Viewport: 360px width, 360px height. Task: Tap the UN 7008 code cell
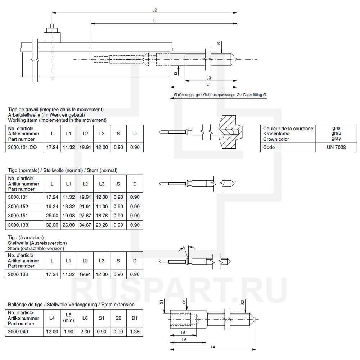point(337,147)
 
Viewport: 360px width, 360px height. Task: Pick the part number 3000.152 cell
point(18,206)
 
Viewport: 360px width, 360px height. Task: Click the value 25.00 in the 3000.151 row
point(52,216)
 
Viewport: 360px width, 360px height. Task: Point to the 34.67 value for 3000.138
point(85,225)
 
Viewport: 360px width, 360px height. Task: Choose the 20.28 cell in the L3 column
point(102,225)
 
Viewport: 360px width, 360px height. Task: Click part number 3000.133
point(18,274)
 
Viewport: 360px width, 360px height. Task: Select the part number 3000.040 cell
point(18,332)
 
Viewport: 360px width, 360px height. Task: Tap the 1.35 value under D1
point(135,332)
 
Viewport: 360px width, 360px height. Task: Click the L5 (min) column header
point(68,318)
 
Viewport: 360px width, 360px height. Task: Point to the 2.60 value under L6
point(85,332)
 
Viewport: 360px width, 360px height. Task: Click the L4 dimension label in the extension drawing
point(213,347)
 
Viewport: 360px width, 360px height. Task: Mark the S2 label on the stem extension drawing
point(243,302)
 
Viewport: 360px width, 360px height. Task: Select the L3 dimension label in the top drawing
point(209,78)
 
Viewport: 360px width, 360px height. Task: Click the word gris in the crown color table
point(337,128)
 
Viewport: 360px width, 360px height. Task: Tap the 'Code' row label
point(269,147)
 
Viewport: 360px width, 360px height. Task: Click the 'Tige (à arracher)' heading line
point(26,237)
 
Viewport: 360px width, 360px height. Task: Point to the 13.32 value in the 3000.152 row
point(68,206)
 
